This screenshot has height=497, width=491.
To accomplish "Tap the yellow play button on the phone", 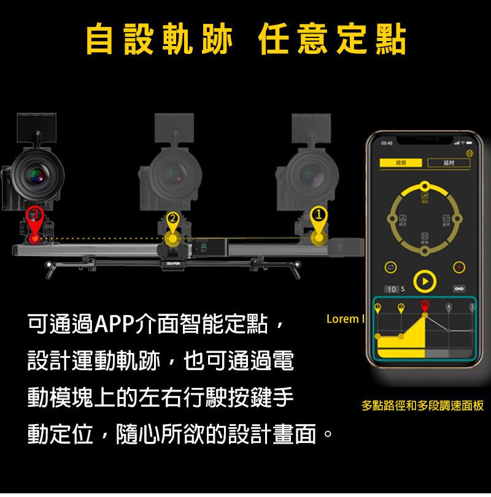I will pos(423,281).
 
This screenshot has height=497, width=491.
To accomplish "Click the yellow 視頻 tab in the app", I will pos(401,163).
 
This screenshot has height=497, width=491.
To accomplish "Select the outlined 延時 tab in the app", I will pos(449,163).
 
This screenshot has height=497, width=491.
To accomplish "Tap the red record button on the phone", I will pos(458,268).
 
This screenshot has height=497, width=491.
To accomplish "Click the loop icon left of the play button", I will pos(389,268).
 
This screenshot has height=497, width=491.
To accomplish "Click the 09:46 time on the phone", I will pos(387,143).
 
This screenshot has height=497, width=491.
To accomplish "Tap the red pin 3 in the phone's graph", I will pos(425,306).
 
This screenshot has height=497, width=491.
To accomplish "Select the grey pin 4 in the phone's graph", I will pos(449,306).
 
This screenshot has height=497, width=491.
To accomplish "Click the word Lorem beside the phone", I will pos(342,319).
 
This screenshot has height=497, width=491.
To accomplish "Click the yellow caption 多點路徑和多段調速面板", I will pos(422,405).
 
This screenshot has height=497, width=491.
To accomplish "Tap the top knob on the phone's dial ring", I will pos(423,186).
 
